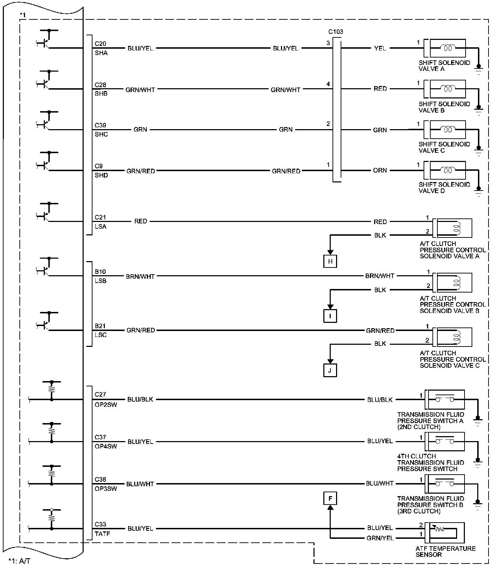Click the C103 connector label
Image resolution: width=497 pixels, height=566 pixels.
click(335, 32)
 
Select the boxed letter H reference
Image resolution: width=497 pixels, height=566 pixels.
click(330, 261)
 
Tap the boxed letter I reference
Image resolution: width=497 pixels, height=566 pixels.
click(330, 316)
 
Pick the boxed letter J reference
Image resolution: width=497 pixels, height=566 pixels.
click(330, 371)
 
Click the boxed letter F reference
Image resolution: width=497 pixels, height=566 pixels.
click(330, 499)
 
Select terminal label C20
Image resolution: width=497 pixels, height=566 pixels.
click(100, 44)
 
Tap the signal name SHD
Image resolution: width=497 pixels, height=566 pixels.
click(101, 175)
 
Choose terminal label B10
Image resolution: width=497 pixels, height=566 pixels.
click(100, 272)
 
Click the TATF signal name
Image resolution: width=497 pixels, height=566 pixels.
click(102, 534)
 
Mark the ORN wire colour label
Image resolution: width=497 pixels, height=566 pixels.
click(380, 170)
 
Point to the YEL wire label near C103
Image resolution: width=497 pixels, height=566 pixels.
click(380, 48)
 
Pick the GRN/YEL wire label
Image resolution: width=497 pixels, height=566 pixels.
click(380, 538)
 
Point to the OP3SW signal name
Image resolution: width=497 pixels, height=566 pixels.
click(106, 489)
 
